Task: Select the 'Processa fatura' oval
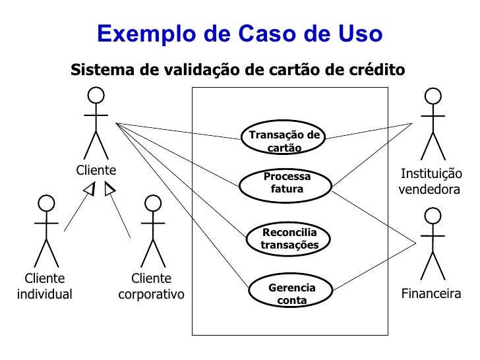point(286,183)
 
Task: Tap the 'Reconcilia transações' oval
point(289,239)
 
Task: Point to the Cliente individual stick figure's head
point(46,204)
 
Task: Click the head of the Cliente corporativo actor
point(153,204)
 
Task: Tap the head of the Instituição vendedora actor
point(433,96)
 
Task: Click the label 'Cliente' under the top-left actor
point(96,170)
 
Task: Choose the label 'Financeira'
point(431,294)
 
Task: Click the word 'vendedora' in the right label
point(429,189)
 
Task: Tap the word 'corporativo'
point(152,294)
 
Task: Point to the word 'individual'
point(44,294)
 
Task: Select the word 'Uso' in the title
point(360,34)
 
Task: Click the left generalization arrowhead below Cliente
point(89,190)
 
